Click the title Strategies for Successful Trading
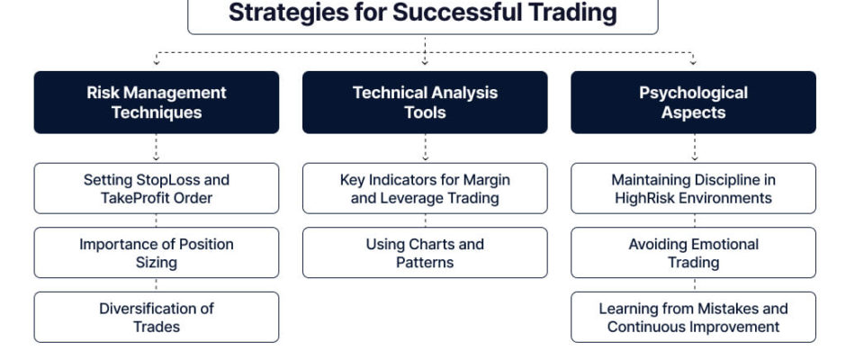coord(422,13)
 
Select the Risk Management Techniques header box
coord(157,102)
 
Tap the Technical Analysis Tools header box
coord(425,102)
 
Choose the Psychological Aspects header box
coord(693,102)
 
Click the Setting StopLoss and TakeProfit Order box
coord(157,188)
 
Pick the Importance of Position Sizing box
coord(157,253)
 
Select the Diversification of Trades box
coord(157,318)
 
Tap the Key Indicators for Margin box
coord(425,188)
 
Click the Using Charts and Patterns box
coord(425,253)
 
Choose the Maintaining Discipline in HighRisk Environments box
coord(693,188)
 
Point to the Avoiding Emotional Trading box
coord(693,253)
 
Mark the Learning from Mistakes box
coord(693,318)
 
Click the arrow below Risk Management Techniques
coord(156,148)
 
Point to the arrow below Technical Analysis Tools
coord(425,148)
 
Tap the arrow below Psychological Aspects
coord(695,148)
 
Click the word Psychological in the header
coord(693,93)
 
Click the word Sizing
coord(157,263)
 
